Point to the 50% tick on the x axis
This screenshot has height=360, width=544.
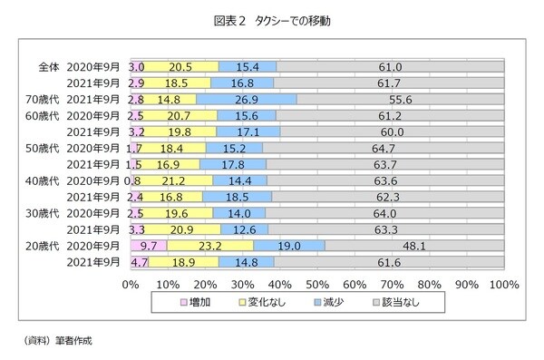317,284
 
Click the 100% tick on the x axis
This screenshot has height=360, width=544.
503,284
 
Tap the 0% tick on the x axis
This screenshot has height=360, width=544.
131,284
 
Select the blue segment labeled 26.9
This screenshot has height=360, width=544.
247,99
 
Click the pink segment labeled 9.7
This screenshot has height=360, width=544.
149,246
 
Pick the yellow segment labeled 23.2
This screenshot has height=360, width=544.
210,246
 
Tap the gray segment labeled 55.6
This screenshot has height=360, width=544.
400,99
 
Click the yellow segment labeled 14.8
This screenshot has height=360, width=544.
169,99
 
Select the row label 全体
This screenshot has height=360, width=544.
48,66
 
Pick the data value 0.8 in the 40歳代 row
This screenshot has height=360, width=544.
138,180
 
